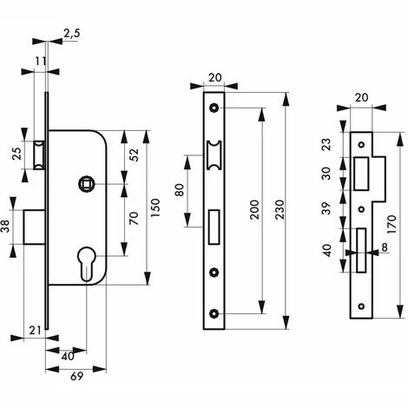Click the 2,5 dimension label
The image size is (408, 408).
(x=71, y=33)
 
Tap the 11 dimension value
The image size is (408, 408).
(x=41, y=61)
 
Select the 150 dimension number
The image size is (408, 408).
(x=155, y=208)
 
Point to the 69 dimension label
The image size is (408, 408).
(x=76, y=376)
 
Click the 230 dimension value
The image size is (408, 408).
(x=280, y=209)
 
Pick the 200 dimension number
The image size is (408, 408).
(x=254, y=209)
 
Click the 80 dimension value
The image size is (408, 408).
(x=180, y=190)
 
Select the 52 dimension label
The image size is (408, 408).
(x=134, y=155)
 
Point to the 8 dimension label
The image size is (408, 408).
(x=385, y=247)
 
